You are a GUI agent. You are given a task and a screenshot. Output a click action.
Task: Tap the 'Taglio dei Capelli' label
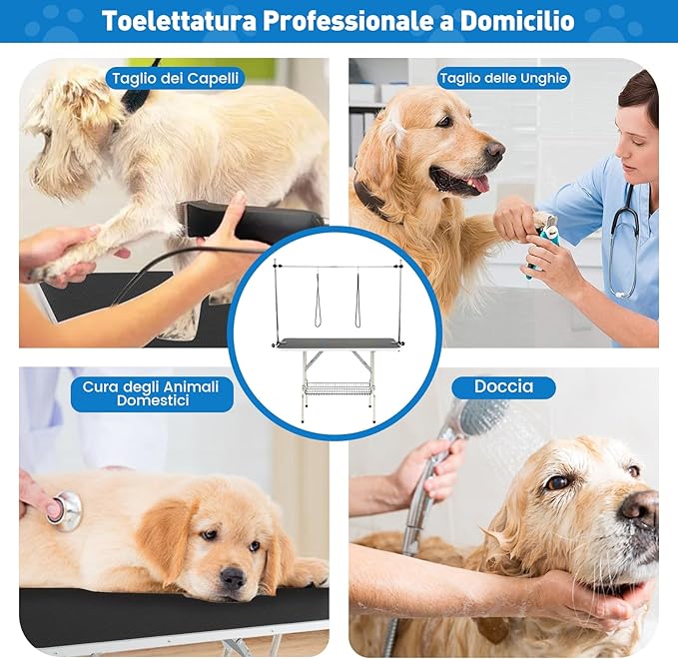pyautogui.click(x=176, y=78)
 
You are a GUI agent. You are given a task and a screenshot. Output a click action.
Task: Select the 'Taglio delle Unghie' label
pyautogui.click(x=502, y=78)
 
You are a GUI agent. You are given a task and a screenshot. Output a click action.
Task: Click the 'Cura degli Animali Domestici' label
pyautogui.click(x=152, y=394)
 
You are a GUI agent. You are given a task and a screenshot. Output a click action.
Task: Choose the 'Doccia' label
pyautogui.click(x=504, y=386)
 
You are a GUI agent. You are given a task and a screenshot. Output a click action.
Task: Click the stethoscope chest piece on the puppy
pyautogui.click(x=66, y=510)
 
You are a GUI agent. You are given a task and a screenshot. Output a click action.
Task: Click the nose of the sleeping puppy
pyautogui.click(x=233, y=576)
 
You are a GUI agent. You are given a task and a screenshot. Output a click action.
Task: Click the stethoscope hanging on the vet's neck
pyautogui.click(x=625, y=240)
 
